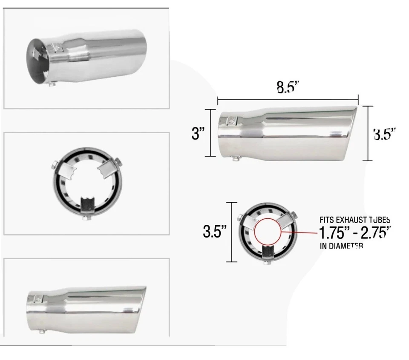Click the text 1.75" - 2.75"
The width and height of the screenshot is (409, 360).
click(x=354, y=233)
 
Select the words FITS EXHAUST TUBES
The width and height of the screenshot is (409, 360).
click(x=354, y=220)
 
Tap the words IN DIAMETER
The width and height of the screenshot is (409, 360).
click(x=341, y=246)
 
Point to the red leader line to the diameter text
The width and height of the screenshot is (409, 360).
click(x=300, y=233)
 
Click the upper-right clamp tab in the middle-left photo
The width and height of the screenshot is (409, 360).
click(x=107, y=168)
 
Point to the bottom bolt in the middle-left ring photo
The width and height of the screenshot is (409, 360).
click(x=87, y=218)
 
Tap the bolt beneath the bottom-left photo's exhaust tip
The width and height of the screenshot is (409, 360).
click(x=41, y=331)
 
